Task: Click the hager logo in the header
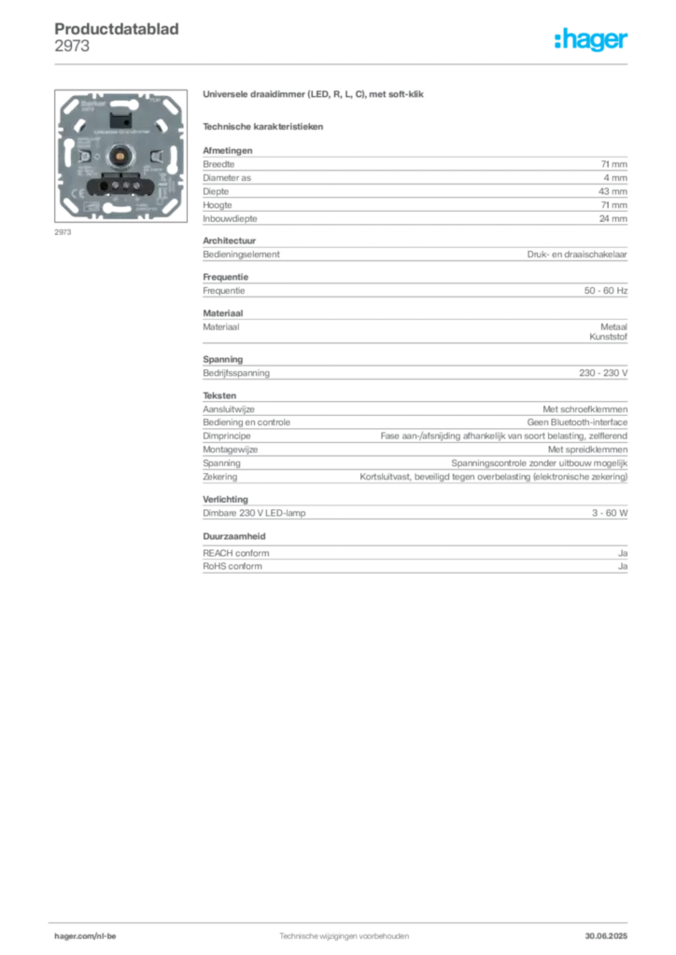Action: coord(591,40)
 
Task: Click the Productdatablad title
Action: coord(117,29)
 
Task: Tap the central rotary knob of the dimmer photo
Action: coord(120,157)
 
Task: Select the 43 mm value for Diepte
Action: coord(613,191)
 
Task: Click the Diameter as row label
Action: coord(227,178)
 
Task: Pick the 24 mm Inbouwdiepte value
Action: coord(613,218)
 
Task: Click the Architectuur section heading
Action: coord(229,241)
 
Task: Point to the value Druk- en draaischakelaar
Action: coord(577,255)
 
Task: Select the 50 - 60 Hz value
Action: coord(606,291)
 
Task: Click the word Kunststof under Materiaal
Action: coord(609,337)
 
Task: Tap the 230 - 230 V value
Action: coord(603,373)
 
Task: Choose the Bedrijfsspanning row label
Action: coord(236,373)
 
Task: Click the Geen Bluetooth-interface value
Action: coord(577,422)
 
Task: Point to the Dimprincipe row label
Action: coord(227,436)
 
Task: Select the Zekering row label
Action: coord(220,477)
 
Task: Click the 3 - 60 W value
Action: coord(610,513)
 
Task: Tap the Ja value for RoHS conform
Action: coord(623,566)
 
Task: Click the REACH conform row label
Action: coord(236,553)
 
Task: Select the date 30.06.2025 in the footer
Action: coord(606,936)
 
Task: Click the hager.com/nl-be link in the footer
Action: coord(85,936)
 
